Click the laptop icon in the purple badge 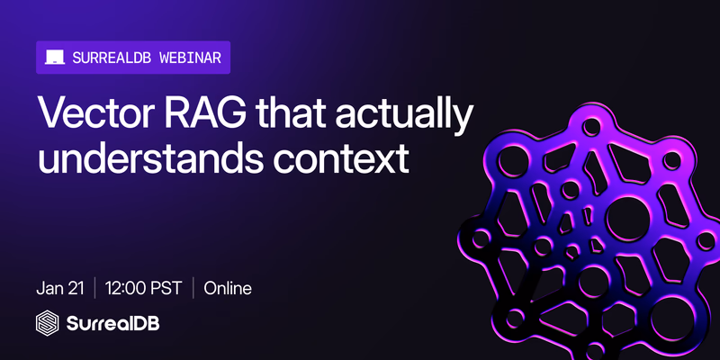[x=55, y=58]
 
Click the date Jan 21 [x=60, y=289]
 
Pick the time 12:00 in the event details [x=126, y=289]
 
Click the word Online [x=228, y=289]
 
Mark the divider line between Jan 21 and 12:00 [x=94, y=289]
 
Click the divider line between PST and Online [x=193, y=289]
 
